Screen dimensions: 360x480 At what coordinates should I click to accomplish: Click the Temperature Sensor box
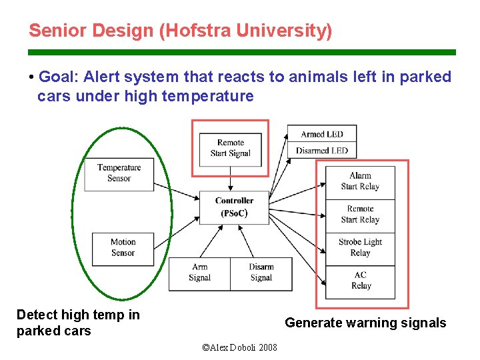click(x=119, y=173)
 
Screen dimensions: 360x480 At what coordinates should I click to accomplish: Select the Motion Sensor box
click(x=123, y=248)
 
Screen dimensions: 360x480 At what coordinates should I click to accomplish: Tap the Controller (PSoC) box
click(x=234, y=207)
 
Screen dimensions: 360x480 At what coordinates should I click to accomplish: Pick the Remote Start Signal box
click(x=230, y=148)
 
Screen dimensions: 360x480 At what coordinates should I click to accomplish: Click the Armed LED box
click(x=321, y=135)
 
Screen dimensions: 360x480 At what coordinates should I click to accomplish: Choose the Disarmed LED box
click(x=321, y=151)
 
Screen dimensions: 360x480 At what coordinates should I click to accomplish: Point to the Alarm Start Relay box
click(x=360, y=181)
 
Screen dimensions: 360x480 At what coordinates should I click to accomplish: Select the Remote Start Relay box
click(x=360, y=215)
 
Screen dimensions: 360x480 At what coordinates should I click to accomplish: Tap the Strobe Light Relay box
click(x=360, y=247)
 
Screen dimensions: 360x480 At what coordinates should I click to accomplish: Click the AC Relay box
click(x=360, y=281)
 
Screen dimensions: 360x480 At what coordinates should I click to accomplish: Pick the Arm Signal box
click(x=199, y=273)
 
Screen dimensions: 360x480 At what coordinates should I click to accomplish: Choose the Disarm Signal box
click(x=261, y=273)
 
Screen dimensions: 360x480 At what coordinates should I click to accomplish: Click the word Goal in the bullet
click(x=55, y=77)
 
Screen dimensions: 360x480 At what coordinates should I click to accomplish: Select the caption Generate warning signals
click(x=365, y=323)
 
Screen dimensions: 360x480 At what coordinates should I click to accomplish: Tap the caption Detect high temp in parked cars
click(x=77, y=323)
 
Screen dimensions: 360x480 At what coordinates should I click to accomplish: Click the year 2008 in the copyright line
click(x=267, y=348)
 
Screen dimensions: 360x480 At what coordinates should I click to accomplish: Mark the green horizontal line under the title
click(x=241, y=52)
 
